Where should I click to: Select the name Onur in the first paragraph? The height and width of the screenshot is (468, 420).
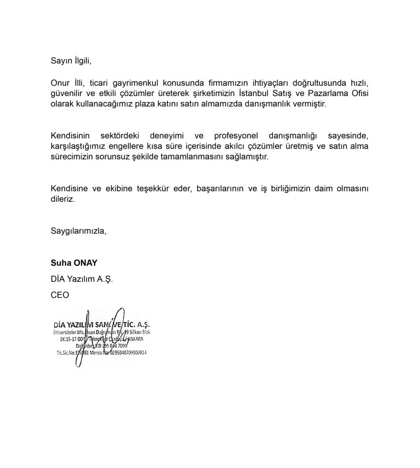coord(60,83)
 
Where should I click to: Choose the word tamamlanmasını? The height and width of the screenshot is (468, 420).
coord(195,156)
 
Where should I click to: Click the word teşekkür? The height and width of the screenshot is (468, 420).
coord(150,188)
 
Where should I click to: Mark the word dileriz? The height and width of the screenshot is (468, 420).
coord(62,199)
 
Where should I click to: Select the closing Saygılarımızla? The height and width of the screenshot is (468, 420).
coord(78,230)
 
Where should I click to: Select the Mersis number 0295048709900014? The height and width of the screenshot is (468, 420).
coord(125,353)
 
